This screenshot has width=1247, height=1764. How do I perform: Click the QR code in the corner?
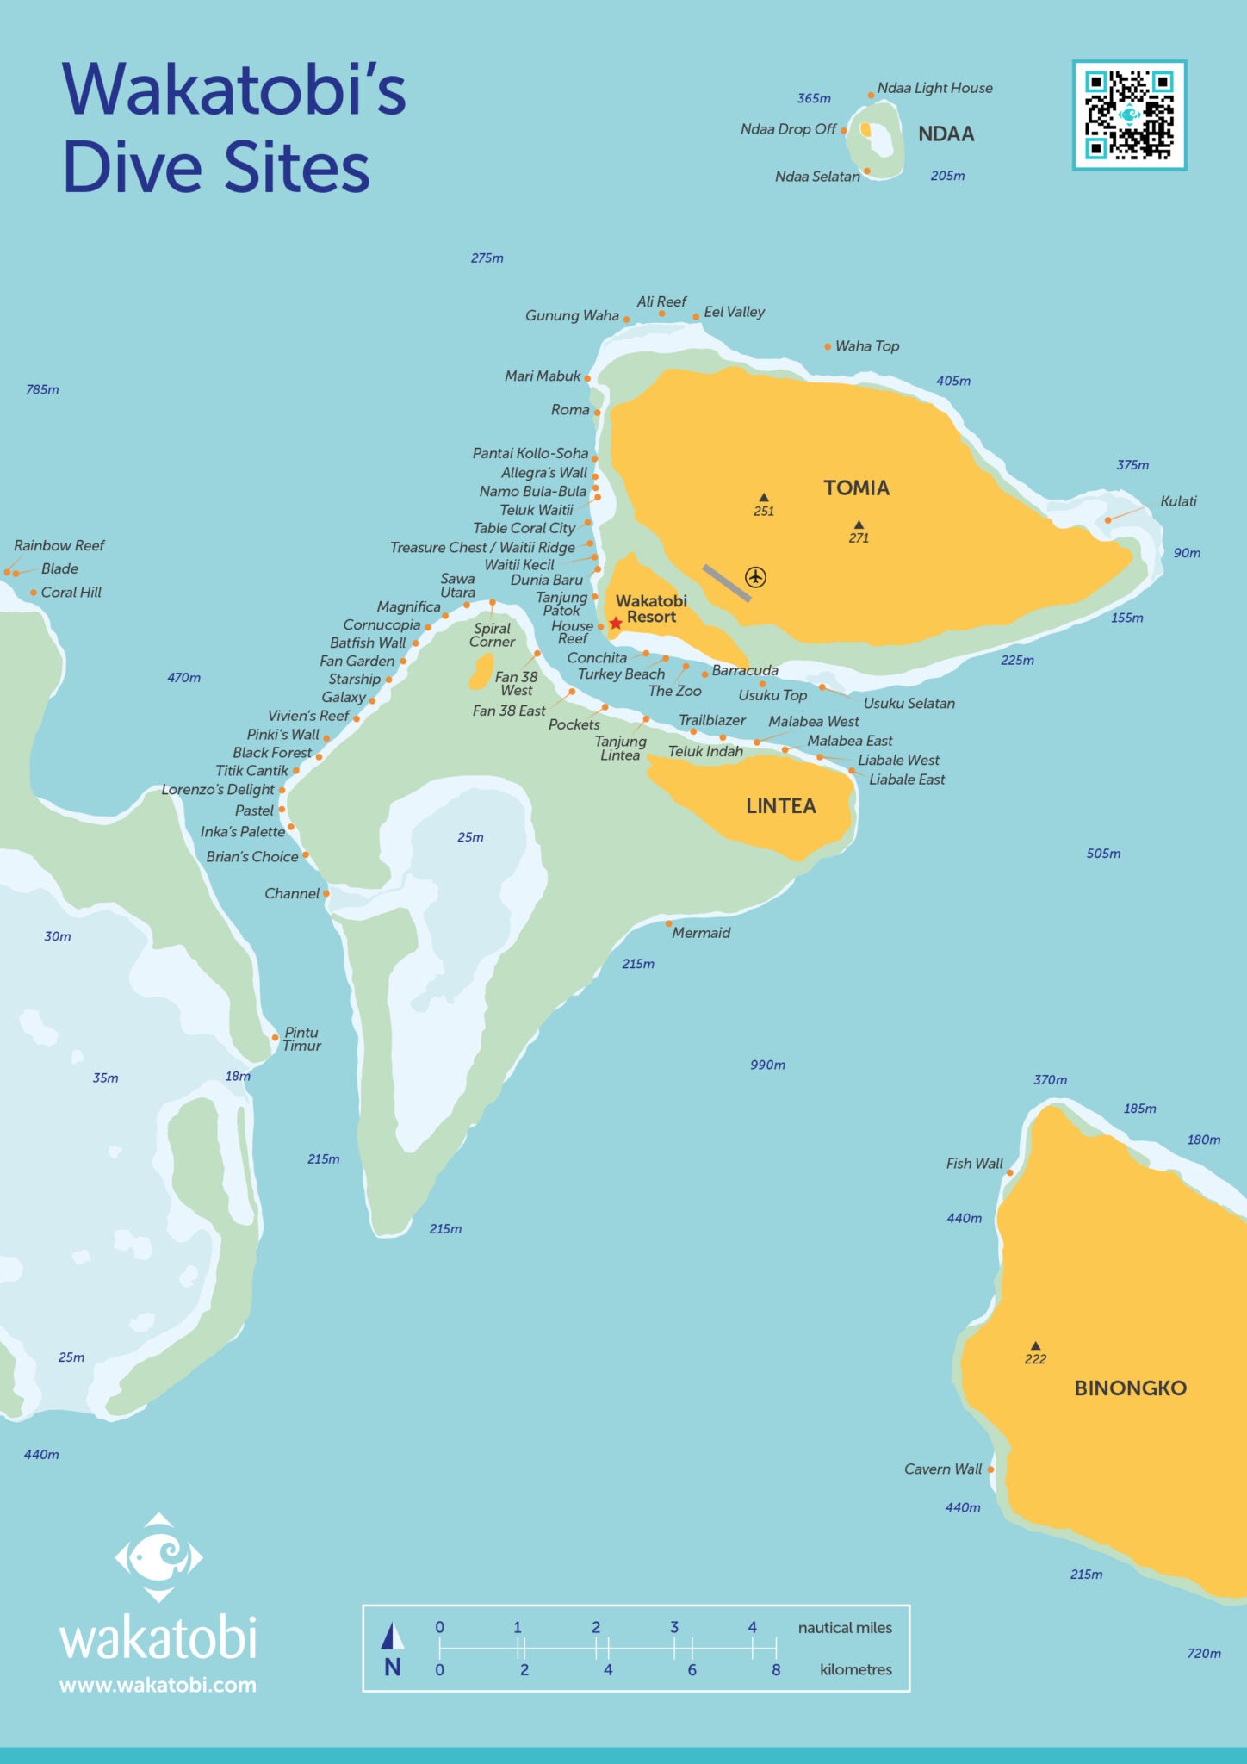[1129, 115]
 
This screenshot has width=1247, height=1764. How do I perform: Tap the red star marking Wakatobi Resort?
[616, 623]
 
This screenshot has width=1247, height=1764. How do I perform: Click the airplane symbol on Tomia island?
[755, 576]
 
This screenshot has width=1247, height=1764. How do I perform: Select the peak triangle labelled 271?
[859, 525]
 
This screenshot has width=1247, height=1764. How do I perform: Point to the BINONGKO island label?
[1130, 1388]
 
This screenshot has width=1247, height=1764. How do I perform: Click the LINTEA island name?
[780, 806]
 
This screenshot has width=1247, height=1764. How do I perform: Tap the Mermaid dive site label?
[701, 933]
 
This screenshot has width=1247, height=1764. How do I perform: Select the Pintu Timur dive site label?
[301, 1039]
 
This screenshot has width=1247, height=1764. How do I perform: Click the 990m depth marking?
[767, 1065]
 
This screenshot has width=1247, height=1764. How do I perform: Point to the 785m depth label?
[42, 389]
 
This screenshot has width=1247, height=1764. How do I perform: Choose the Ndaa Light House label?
[934, 88]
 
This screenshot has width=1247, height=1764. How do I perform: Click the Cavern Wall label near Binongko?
[942, 1469]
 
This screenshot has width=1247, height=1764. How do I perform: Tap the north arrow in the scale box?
[393, 1636]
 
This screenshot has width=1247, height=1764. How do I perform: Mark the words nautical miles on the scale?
[845, 1628]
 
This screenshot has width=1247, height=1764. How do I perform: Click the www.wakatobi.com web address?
[158, 1685]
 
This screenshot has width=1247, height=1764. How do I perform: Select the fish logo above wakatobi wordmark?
[158, 1557]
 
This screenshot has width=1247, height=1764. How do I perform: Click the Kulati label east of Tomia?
[1178, 501]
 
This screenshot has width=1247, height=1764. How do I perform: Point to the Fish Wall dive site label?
[974, 1164]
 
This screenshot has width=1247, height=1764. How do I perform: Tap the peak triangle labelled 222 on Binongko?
[1035, 1345]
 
